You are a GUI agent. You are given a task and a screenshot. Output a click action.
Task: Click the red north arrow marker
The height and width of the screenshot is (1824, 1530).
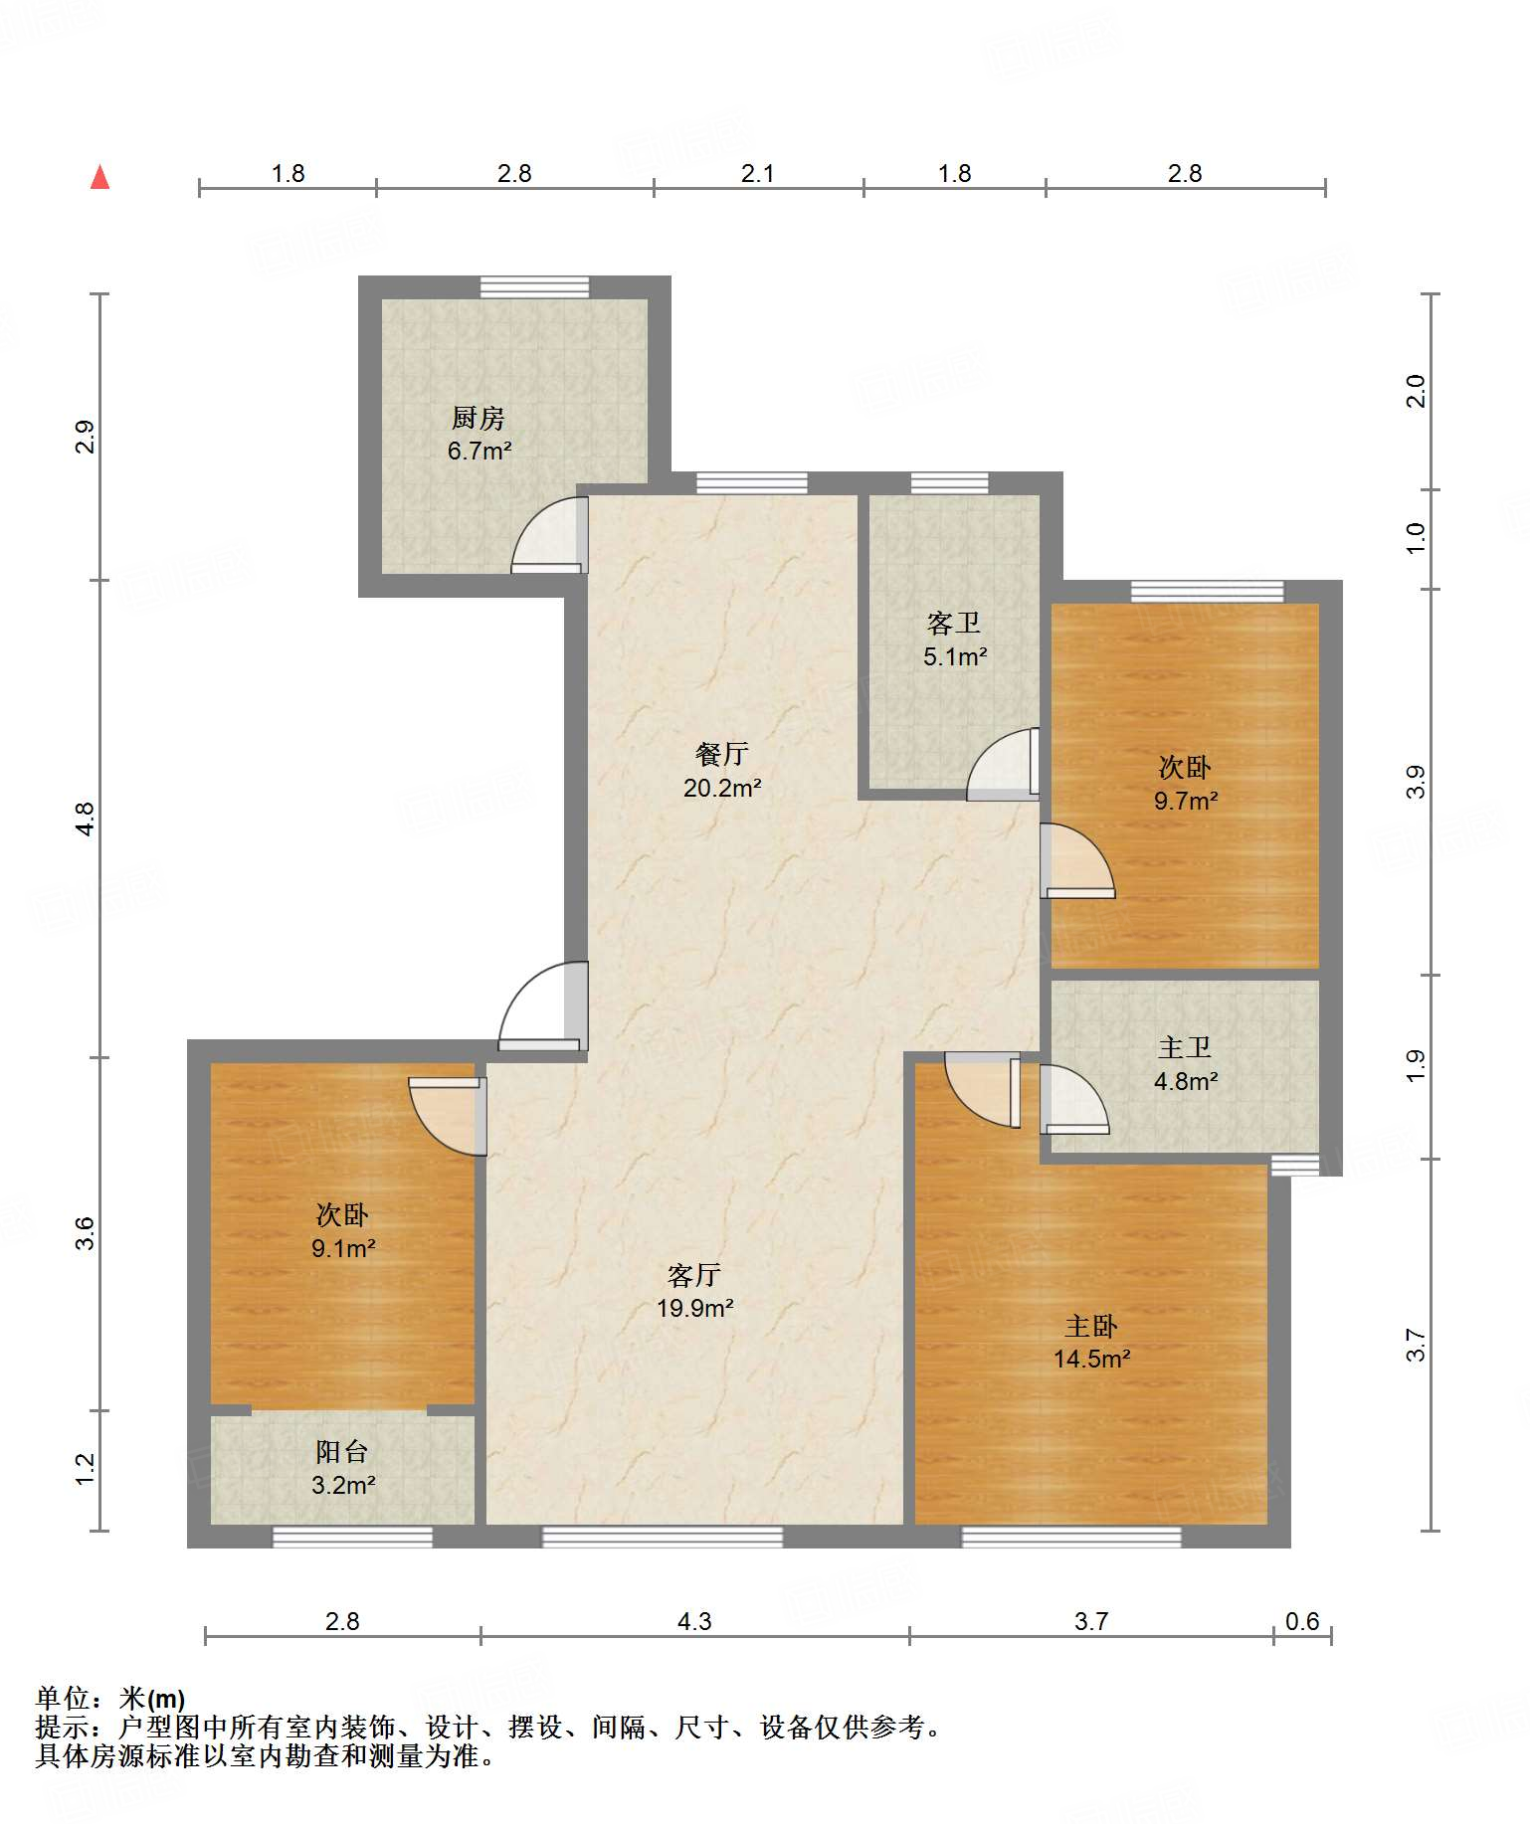99,177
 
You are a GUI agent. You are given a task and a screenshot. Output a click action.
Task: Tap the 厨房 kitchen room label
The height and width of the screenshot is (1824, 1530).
478,419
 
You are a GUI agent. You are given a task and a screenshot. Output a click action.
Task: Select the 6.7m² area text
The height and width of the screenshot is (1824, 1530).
479,452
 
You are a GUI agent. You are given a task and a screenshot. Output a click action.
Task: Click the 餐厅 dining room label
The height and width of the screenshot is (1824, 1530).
722,755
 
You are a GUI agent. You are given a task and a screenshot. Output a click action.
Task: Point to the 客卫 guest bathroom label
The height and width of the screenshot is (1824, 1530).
954,624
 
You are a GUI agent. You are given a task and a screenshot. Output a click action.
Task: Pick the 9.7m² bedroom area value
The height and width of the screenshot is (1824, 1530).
1186,801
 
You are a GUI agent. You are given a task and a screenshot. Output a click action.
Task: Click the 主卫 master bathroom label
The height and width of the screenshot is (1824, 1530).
1185,1048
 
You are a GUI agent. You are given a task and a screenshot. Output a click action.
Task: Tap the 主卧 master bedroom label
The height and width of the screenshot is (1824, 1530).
1091,1327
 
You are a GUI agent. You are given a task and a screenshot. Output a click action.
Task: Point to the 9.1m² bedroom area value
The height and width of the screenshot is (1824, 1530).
343,1248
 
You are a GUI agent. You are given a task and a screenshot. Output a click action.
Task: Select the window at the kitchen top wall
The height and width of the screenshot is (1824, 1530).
534,287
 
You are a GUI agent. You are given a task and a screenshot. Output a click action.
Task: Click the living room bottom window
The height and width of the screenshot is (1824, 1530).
662,1537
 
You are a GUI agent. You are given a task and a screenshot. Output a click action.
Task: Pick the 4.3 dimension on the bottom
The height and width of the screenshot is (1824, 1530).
694,1622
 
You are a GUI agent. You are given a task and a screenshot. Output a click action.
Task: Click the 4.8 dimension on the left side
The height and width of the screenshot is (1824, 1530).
86,819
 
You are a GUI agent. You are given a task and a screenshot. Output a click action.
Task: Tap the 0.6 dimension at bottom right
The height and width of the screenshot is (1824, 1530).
1302,1622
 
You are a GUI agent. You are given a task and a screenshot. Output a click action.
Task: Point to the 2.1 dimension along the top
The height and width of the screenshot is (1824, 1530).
758,174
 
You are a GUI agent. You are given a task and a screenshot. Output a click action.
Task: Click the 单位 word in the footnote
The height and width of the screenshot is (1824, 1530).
63,1699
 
